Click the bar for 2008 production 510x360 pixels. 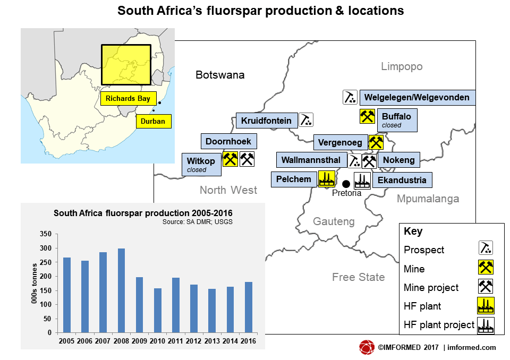[121, 290]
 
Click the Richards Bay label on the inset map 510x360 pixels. [127, 98]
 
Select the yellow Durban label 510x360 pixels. [153, 122]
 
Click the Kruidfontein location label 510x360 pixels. [266, 121]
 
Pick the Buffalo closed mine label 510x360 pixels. [396, 121]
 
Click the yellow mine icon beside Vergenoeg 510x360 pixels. [376, 142]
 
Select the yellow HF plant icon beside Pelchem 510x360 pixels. [326, 179]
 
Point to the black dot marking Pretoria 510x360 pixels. [346, 184]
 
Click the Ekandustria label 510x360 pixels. [402, 180]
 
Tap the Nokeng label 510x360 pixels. [399, 160]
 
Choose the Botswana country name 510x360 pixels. [220, 75]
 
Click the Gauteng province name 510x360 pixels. [333, 221]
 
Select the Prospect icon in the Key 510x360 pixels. [486, 248]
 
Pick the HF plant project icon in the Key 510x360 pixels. [486, 325]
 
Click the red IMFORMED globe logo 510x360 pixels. [367, 347]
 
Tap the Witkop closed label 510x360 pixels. [201, 165]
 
